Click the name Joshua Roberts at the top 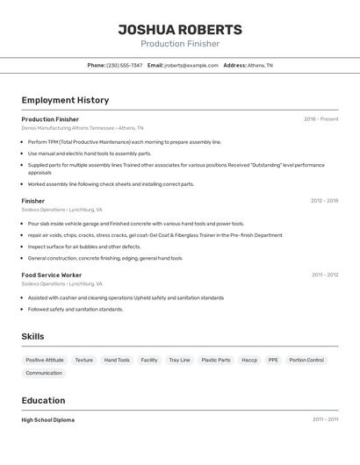pos(180,30)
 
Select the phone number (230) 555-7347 pos(125,65)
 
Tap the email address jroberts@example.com pos(191,65)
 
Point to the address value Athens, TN pos(260,65)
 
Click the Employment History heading pos(65,100)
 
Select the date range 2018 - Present pos(320,119)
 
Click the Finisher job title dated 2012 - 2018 pos(33,201)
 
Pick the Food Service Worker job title pos(52,275)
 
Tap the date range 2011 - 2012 pos(324,275)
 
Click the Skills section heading pos(32,336)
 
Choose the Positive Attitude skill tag pos(45,360)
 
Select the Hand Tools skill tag pos(117,360)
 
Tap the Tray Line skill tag pos(179,360)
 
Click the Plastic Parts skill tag pos(216,360)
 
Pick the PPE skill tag pos(273,360)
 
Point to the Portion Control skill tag pos(306,360)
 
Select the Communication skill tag pos(44,373)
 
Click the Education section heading pos(45,400)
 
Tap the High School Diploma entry pos(48,419)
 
